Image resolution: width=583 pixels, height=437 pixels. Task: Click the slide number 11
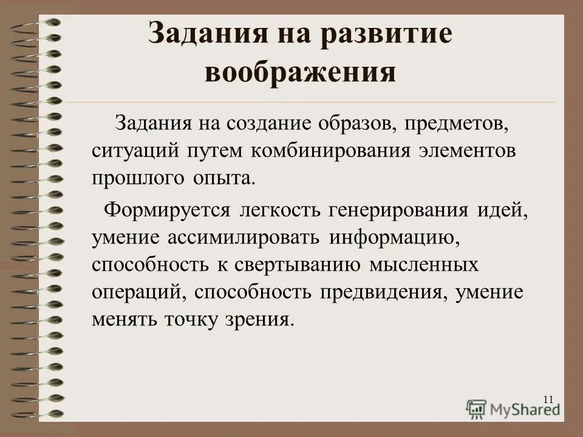pos(548,399)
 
